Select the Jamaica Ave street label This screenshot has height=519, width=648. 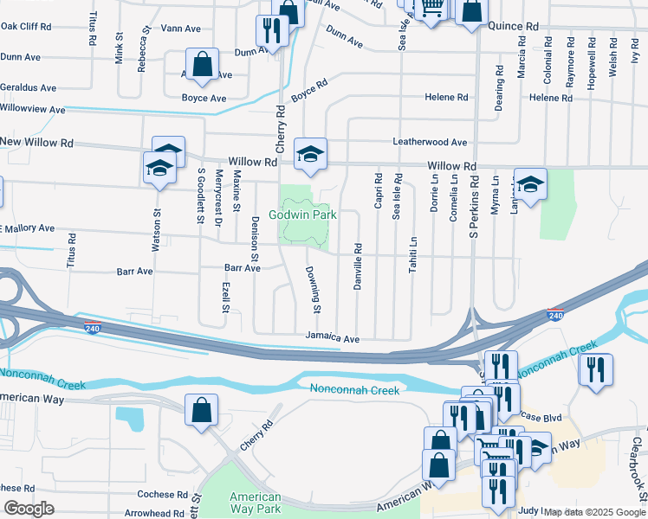[x=332, y=338]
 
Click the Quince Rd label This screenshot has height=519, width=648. [x=513, y=26]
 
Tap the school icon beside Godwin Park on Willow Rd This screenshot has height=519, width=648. [x=310, y=154]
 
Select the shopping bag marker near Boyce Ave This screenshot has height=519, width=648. [x=202, y=65]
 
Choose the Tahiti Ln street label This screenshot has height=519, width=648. [x=413, y=255]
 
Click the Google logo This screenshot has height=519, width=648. [x=29, y=509]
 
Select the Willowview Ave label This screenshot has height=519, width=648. [x=32, y=110]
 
